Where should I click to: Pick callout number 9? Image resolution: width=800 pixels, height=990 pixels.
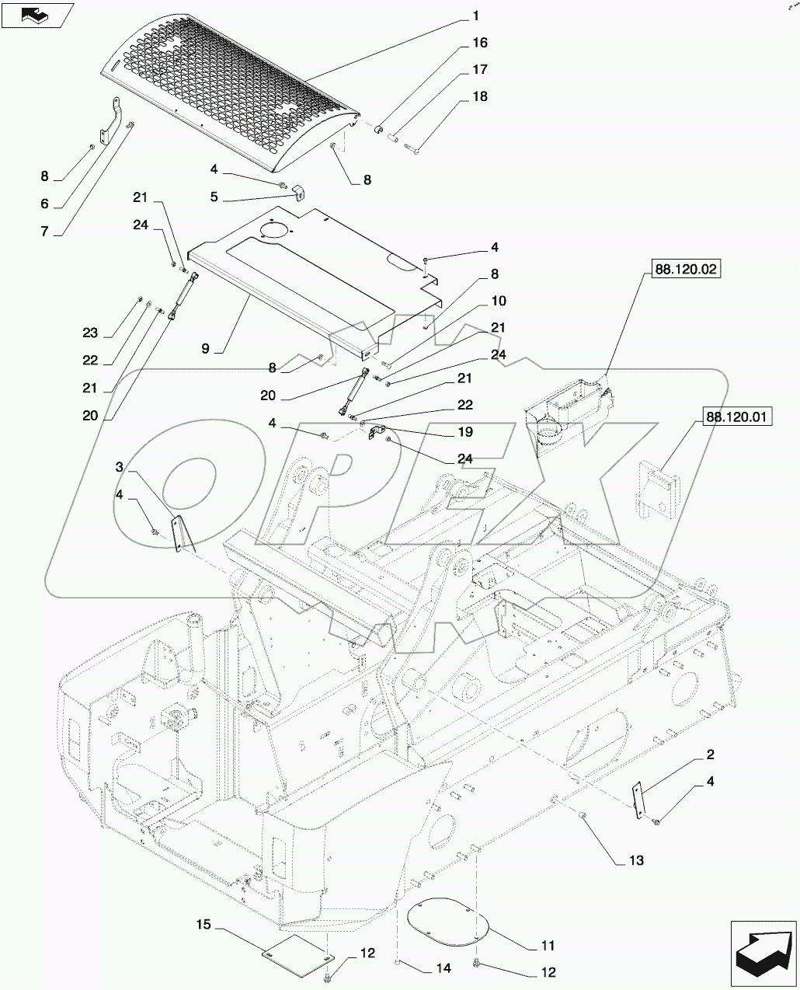205,349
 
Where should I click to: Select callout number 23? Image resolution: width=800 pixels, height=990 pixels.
91,333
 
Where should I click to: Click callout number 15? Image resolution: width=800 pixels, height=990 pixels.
203,925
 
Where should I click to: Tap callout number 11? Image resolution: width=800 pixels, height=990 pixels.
548,946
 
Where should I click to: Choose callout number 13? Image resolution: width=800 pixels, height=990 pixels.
635,860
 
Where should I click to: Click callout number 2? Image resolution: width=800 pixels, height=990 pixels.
710,755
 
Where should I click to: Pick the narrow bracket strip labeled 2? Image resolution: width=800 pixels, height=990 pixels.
639,800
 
